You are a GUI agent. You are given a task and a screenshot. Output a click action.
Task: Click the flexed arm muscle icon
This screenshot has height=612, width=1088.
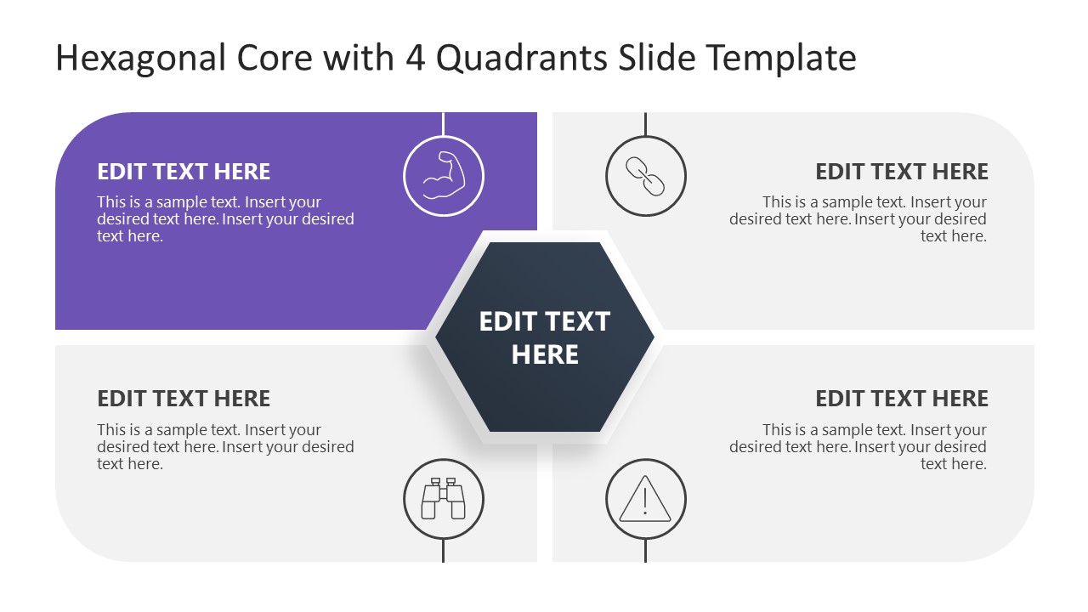443,176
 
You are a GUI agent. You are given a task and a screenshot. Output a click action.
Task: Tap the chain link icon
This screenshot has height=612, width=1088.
645,176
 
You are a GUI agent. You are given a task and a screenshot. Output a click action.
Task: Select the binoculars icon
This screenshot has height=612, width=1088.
443,500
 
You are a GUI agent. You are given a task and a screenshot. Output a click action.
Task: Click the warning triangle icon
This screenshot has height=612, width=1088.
645,500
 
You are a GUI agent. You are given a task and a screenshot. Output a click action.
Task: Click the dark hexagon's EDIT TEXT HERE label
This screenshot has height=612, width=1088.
544,337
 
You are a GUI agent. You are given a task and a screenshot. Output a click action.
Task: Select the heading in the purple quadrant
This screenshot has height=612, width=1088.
184,172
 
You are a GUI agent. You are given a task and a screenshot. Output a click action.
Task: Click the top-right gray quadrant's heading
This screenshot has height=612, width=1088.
902,172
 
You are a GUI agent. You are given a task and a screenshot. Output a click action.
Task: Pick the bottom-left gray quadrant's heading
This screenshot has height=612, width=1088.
184,399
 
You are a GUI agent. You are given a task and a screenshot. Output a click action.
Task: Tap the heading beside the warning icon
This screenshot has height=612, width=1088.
902,399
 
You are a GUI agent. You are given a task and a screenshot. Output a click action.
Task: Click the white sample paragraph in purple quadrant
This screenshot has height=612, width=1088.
225,219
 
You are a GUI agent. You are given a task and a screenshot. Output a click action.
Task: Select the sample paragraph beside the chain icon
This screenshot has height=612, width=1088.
858,219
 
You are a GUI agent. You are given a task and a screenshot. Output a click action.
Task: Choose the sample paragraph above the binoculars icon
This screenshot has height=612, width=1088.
225,447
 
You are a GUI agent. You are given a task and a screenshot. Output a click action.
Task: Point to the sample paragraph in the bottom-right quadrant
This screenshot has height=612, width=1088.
858,447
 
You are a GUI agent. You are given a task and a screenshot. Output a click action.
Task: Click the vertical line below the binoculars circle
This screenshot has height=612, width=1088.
443,551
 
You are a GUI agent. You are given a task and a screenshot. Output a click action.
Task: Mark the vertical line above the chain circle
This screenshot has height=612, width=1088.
645,124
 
